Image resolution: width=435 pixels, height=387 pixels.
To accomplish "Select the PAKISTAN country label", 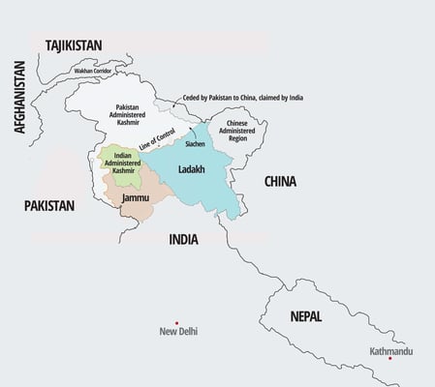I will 49,206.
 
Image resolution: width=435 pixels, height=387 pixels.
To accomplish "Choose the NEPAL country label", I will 306,316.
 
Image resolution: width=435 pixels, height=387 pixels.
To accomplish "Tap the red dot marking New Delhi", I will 176,322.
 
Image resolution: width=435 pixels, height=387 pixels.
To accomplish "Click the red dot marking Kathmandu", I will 389,358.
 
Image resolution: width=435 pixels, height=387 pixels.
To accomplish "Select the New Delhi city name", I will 177,332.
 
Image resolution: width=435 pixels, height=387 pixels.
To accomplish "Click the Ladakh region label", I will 193,169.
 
